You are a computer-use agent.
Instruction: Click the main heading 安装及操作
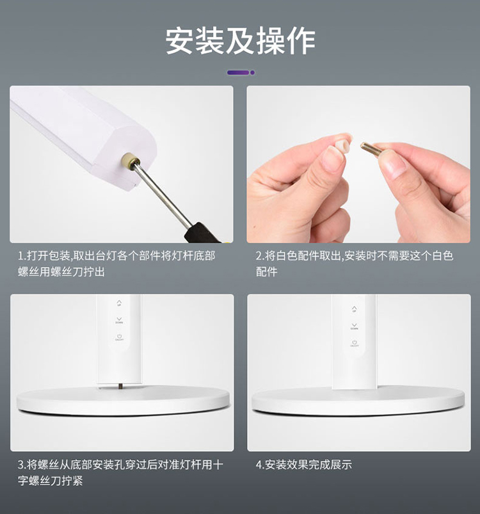click(240, 41)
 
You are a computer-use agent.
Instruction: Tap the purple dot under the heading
click(252, 72)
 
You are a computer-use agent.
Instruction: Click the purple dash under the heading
click(238, 72)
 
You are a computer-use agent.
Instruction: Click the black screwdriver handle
click(201, 233)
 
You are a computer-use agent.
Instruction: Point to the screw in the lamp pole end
click(129, 160)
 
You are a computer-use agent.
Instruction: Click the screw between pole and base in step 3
click(120, 387)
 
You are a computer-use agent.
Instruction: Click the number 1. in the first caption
click(22, 256)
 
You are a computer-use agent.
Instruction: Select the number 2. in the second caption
click(260, 256)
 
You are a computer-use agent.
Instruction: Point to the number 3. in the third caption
click(22, 465)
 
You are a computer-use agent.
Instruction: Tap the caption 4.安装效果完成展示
click(304, 465)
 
